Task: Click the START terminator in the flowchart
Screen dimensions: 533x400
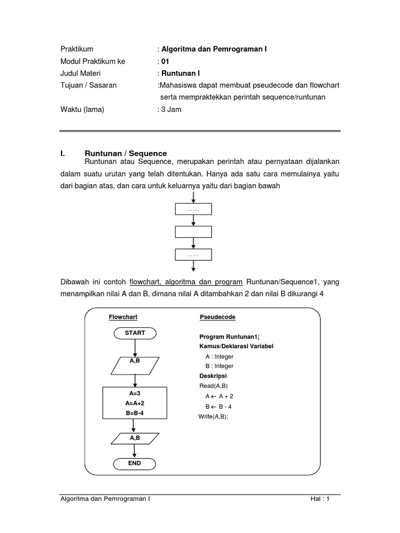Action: [x=134, y=333]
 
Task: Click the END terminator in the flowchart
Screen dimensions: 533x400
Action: [x=134, y=463]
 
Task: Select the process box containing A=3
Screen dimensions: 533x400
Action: [x=134, y=403]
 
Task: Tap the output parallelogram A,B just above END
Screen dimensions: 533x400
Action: [x=134, y=438]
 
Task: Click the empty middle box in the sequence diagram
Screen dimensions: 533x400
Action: [x=193, y=232]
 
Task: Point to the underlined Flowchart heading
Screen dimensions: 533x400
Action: [x=122, y=316]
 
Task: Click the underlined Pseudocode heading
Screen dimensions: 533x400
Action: [x=217, y=316]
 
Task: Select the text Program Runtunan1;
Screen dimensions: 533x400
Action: [x=229, y=336]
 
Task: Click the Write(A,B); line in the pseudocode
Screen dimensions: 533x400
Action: [x=214, y=416]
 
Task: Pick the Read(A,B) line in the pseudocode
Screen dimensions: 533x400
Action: [x=214, y=386]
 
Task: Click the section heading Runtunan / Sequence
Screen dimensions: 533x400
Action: [x=126, y=153]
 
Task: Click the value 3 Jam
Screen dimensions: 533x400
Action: [x=171, y=109]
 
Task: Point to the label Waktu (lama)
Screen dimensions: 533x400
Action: [x=81, y=109]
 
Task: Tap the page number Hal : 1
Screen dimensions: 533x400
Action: [x=320, y=498]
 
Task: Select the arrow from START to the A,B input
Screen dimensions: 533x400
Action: [x=134, y=348]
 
